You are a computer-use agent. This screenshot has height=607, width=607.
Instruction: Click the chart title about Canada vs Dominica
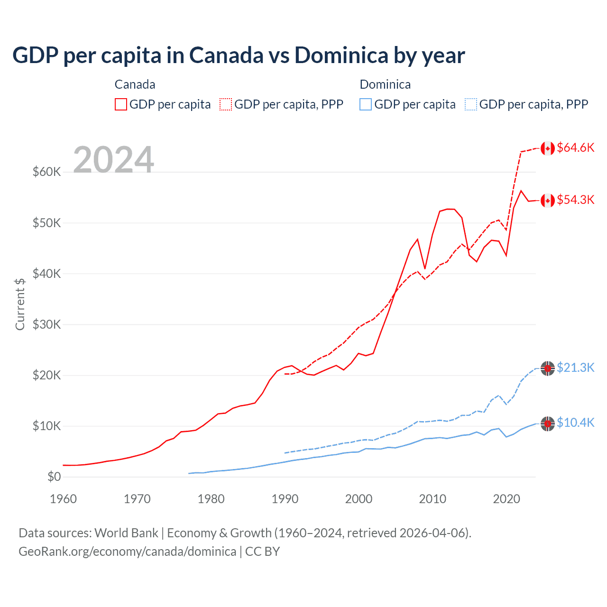click(x=239, y=55)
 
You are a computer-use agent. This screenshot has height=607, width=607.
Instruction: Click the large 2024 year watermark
click(x=113, y=160)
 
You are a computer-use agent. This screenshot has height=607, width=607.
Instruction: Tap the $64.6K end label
click(x=575, y=148)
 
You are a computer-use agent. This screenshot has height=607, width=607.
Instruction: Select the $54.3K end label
click(x=575, y=200)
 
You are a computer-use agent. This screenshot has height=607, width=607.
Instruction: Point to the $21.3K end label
click(x=575, y=368)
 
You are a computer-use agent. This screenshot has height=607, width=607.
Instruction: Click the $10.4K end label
click(x=575, y=423)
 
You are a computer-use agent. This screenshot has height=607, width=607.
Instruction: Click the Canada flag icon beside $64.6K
click(x=548, y=148)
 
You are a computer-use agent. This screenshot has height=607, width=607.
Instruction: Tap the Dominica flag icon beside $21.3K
click(x=548, y=368)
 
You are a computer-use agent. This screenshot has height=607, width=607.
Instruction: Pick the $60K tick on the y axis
click(x=46, y=172)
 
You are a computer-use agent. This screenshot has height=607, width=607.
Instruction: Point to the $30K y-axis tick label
click(x=46, y=324)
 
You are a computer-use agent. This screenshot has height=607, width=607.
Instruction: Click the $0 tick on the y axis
click(x=54, y=477)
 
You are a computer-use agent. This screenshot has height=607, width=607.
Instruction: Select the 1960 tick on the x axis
click(x=63, y=499)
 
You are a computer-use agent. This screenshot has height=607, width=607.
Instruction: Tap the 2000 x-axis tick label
click(x=359, y=499)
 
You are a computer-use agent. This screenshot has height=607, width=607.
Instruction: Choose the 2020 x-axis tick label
click(x=506, y=499)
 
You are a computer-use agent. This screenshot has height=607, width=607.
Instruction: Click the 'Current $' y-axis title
click(x=20, y=304)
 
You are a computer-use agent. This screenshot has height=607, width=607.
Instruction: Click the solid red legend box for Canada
click(x=121, y=104)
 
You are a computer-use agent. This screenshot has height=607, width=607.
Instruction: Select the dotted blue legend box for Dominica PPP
click(x=471, y=104)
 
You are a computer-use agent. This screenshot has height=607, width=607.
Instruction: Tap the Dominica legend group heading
click(x=385, y=84)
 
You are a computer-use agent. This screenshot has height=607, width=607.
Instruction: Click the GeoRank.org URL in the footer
click(x=127, y=552)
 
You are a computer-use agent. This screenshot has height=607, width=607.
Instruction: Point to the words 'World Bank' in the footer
click(x=126, y=533)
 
